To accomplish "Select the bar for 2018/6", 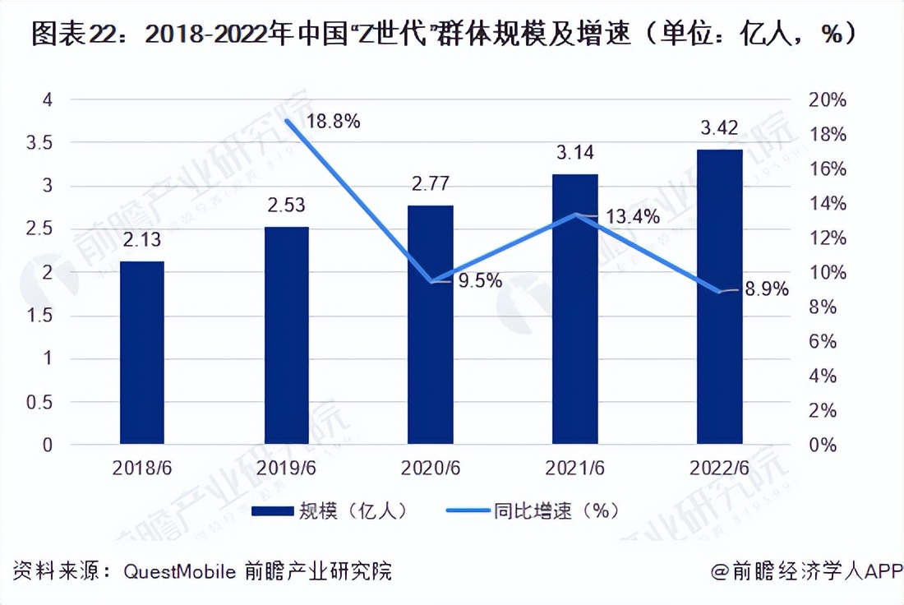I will click(x=142, y=353).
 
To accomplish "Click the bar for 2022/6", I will click(x=719, y=297).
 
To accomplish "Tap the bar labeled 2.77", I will click(x=431, y=325).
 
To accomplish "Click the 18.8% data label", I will click(x=334, y=122).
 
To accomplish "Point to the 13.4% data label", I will click(x=632, y=218).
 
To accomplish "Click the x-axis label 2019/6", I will click(x=287, y=468).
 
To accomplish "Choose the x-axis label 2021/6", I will click(x=574, y=468).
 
